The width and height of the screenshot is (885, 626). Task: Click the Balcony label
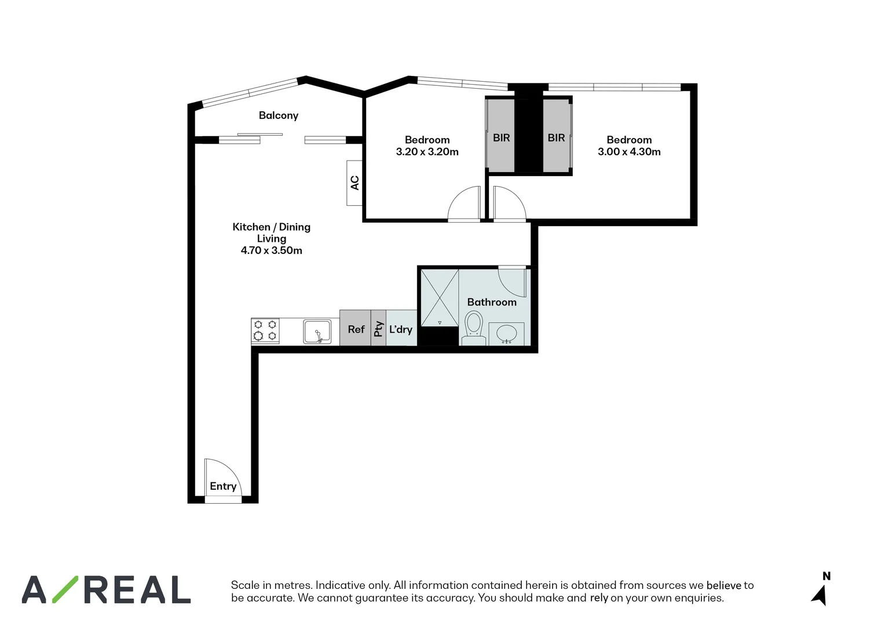[279, 115]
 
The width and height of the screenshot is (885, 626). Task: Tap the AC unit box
[354, 183]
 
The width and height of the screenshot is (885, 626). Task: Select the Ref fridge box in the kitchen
[355, 329]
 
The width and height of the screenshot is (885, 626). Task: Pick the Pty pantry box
[378, 329]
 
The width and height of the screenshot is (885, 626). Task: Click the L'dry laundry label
[401, 329]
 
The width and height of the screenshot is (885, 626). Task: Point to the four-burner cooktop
[265, 330]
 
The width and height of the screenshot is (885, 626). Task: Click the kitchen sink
[317, 332]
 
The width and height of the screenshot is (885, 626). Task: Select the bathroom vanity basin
[507, 333]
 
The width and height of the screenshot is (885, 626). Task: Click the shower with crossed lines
[440, 297]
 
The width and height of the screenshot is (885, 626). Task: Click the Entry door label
[223, 486]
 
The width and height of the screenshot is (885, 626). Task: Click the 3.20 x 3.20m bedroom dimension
[427, 152]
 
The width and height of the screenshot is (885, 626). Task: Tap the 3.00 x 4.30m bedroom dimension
[629, 152]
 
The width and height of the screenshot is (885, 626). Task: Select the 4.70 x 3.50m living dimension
[272, 250]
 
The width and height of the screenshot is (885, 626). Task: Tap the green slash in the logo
[65, 589]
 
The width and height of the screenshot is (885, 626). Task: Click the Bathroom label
[492, 302]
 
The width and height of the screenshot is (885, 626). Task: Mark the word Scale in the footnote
[245, 585]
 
